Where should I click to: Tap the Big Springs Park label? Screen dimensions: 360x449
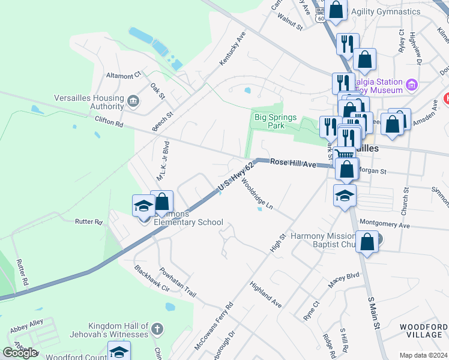pos(276,122)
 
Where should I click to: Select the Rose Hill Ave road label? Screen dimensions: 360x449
pos(293,163)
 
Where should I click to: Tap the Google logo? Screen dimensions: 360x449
pos(20,353)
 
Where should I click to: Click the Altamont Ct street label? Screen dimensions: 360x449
pos(122,75)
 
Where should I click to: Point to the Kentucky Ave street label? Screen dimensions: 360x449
pos(233,49)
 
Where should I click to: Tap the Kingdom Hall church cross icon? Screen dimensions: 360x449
pos(157,329)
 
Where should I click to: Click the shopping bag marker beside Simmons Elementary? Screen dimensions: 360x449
pos(161,202)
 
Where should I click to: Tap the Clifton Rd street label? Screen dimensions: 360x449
pos(109,122)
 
